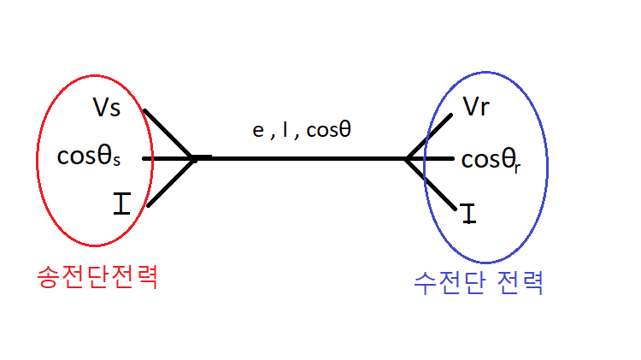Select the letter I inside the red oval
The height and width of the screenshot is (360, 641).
point(122,204)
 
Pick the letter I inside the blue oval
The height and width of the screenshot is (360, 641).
point(468,214)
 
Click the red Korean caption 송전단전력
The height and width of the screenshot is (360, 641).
point(97,277)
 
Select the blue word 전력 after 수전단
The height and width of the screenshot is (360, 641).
point(521,282)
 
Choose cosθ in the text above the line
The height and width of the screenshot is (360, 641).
point(328,132)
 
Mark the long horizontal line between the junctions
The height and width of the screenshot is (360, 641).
point(299,158)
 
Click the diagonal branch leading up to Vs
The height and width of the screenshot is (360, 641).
point(167,133)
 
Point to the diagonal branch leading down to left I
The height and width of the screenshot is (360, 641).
point(168,182)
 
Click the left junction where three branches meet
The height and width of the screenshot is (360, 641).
point(192,158)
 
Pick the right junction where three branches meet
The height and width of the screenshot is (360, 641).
point(407,158)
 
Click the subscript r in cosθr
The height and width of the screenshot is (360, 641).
point(517,166)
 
